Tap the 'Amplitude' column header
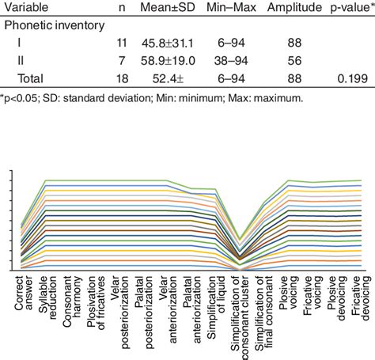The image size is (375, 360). pos(292,7)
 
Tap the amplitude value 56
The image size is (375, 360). pos(292,61)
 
